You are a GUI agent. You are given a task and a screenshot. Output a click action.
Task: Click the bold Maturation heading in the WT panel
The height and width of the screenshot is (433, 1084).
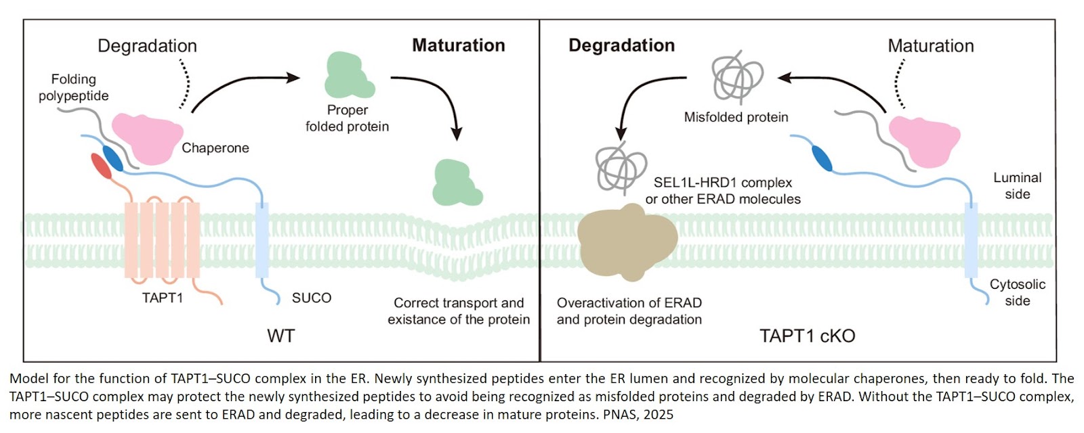point(459,45)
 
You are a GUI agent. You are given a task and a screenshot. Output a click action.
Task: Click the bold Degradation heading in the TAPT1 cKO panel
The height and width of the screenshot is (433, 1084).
point(621,45)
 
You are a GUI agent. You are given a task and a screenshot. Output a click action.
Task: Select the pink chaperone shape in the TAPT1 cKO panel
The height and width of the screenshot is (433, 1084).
point(923,141)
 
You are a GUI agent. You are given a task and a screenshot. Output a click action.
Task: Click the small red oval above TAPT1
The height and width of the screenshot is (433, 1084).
point(102,166)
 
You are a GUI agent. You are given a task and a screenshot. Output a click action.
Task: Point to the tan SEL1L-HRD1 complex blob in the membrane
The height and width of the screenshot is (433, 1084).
point(626,242)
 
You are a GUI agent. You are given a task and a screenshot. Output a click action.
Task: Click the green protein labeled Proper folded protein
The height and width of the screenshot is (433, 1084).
point(348,76)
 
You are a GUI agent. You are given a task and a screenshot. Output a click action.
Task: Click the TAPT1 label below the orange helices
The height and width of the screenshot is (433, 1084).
point(163,298)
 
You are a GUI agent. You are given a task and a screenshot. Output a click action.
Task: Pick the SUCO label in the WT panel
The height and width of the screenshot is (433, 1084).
point(311,298)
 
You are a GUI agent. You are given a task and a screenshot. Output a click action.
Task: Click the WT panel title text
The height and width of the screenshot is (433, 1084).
point(280,336)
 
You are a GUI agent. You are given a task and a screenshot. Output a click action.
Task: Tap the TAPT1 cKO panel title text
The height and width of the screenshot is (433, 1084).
point(807,336)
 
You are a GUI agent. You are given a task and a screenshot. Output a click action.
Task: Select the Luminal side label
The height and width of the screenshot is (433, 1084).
point(1016,186)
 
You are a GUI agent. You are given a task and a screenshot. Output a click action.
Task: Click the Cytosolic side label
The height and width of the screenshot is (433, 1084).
point(1017,292)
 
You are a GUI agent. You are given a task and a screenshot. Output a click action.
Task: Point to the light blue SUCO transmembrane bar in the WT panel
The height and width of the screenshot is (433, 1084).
point(262,240)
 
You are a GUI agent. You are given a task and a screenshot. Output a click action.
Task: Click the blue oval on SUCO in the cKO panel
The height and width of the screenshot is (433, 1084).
point(820,158)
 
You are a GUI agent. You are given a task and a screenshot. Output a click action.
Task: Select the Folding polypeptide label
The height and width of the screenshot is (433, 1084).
point(73,87)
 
